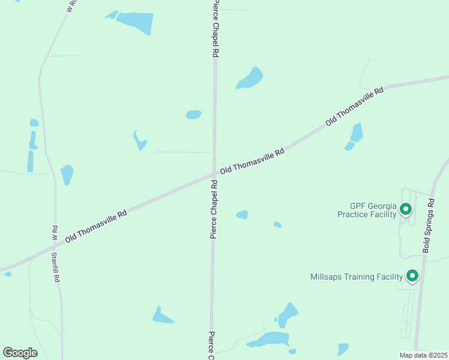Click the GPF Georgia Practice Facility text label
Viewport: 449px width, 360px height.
(367, 209)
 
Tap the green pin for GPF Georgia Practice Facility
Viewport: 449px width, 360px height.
(406, 209)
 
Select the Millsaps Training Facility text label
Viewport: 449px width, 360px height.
(358, 277)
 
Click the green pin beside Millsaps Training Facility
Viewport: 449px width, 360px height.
(412, 275)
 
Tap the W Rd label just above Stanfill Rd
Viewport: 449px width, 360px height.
(54, 233)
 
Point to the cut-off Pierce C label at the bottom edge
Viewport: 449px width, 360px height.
(212, 345)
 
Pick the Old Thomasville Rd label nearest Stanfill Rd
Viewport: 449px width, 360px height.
(96, 226)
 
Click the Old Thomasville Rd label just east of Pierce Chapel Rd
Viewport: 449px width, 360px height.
(252, 162)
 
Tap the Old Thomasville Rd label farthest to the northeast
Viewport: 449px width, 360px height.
(354, 106)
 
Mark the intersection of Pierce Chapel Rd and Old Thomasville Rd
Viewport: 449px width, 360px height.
(214, 175)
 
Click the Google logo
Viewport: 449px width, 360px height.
(20, 353)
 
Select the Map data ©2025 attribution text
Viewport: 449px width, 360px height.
(423, 355)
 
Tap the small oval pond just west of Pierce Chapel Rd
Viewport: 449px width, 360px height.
(193, 115)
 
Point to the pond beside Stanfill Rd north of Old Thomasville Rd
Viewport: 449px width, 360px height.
(67, 174)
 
